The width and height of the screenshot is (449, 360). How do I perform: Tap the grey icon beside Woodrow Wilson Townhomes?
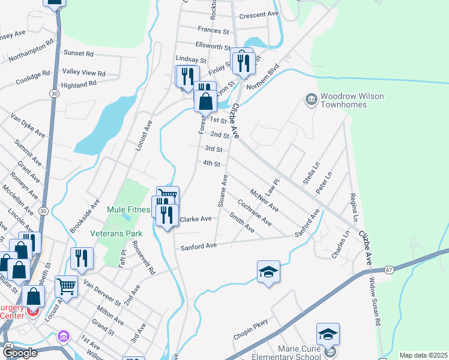[x=311, y=98]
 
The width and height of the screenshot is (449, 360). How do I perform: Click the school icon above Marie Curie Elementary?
[x=328, y=334]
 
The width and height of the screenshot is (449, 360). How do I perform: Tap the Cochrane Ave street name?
[x=255, y=212]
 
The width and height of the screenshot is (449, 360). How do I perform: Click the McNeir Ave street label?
[x=264, y=199]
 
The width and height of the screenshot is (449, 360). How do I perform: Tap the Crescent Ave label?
[x=259, y=14]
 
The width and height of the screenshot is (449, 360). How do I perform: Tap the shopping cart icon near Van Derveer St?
[x=66, y=286]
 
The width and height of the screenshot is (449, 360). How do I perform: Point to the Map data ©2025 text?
[x=423, y=355]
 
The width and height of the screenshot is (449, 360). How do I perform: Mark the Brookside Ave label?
[x=92, y=208]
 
